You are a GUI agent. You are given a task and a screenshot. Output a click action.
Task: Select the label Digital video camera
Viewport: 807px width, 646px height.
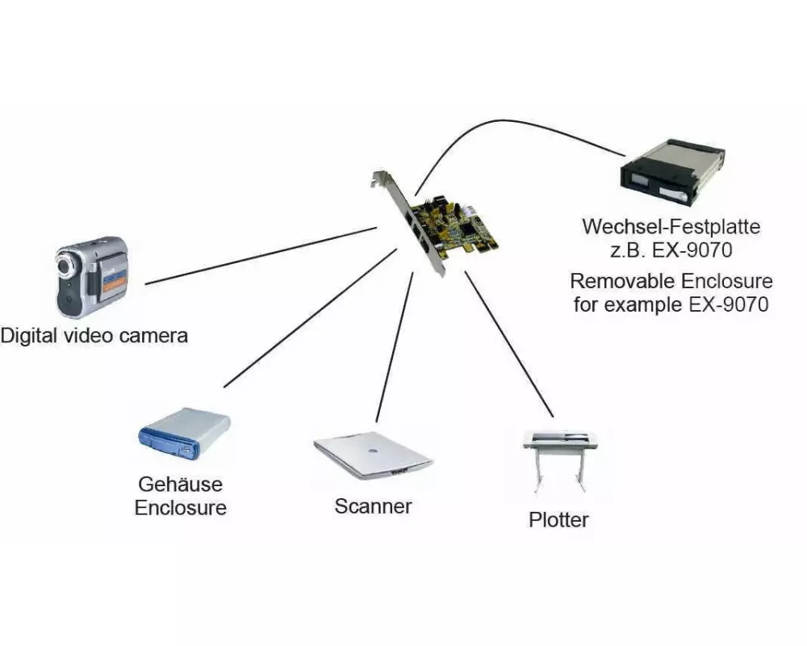pyautogui.click(x=94, y=335)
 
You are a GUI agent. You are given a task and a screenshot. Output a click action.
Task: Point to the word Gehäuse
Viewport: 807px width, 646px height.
pyautogui.click(x=180, y=484)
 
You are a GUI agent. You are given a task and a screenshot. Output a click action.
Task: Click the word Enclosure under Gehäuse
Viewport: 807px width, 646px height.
pyautogui.click(x=180, y=508)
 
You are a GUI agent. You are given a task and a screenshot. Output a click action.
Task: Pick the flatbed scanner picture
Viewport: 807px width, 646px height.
pyautogui.click(x=372, y=458)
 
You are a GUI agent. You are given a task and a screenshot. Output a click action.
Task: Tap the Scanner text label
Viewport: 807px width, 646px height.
pyautogui.click(x=373, y=506)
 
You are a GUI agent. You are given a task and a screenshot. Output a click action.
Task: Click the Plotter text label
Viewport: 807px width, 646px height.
pyautogui.click(x=558, y=519)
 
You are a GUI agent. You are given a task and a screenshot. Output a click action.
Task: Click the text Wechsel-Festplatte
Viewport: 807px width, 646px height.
pyautogui.click(x=671, y=226)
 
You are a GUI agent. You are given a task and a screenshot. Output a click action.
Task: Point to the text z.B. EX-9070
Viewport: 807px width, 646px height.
pyautogui.click(x=671, y=250)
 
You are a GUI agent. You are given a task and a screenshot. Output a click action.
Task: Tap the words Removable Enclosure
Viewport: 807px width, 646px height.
pyautogui.click(x=671, y=282)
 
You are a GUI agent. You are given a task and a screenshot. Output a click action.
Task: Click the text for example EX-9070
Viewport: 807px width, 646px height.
pyautogui.click(x=671, y=305)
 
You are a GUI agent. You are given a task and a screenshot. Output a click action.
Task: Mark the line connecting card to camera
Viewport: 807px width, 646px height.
pyautogui.click(x=258, y=257)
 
